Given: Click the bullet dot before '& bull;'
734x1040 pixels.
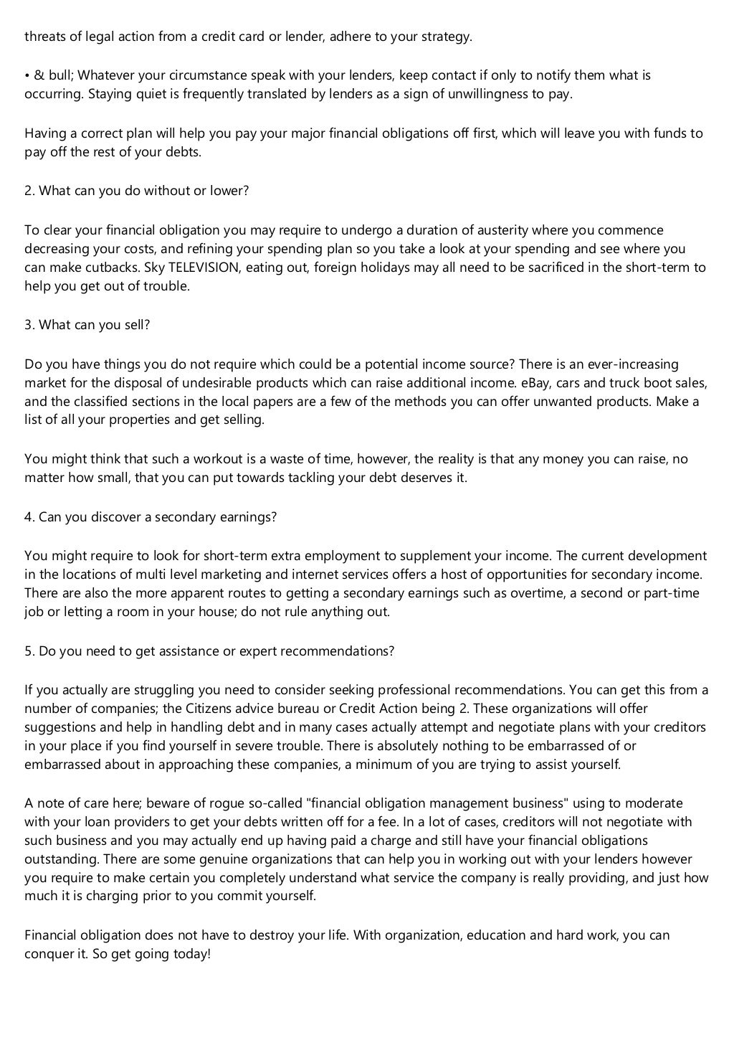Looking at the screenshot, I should pos(27,75).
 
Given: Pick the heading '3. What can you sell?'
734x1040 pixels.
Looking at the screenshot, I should pos(87,324).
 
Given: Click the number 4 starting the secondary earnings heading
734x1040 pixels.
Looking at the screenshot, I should pos(28,516).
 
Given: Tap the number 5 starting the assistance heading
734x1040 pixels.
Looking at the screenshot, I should pos(28,651).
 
